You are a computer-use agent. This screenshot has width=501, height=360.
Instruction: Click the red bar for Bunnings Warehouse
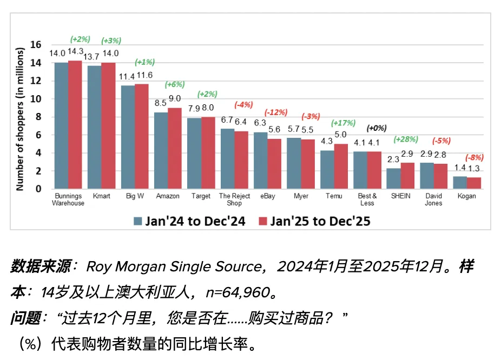pyautogui.click(x=75, y=125)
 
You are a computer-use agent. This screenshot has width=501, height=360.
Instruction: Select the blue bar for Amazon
pyautogui.click(x=161, y=151)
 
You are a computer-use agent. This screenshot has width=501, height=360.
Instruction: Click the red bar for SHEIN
pyautogui.click(x=407, y=176)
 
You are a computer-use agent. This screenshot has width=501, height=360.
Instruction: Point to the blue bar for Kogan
pyautogui.click(x=459, y=183)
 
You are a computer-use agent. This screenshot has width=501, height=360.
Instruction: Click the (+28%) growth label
pyautogui.click(x=406, y=139)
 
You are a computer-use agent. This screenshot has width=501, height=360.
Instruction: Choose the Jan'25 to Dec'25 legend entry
pyautogui.click(x=314, y=221)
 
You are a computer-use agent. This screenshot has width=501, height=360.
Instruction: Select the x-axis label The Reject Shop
pyautogui.click(x=234, y=199)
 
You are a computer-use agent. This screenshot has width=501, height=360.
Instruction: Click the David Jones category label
pyautogui.click(x=433, y=199)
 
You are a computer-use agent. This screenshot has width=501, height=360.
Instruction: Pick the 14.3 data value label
pyautogui.click(x=75, y=51)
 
